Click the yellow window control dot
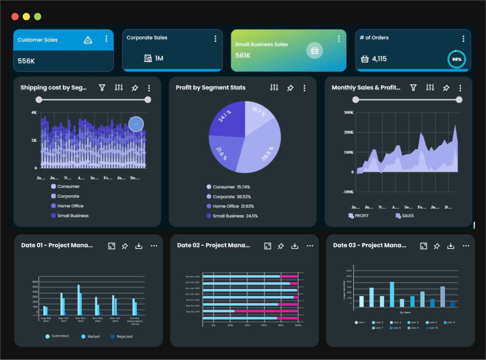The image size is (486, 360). point(26,17)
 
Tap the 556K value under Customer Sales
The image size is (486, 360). point(26,61)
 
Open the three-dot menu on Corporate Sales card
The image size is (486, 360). point(215,39)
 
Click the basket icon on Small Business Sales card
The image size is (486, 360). point(314,50)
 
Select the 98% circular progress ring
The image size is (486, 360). point(456,60)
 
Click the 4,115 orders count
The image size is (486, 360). point(379,59)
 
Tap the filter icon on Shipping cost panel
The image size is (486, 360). point(102,88)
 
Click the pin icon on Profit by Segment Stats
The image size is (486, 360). point(290,88)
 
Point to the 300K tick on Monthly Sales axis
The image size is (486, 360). point(348,113)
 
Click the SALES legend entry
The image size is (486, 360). point(405,216)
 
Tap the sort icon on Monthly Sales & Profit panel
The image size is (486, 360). point(430,88)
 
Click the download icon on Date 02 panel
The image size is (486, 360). point(295,246)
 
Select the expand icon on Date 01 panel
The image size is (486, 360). point(111,246)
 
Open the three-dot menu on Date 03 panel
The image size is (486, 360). point(466,246)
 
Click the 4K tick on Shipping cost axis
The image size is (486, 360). point(34,113)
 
